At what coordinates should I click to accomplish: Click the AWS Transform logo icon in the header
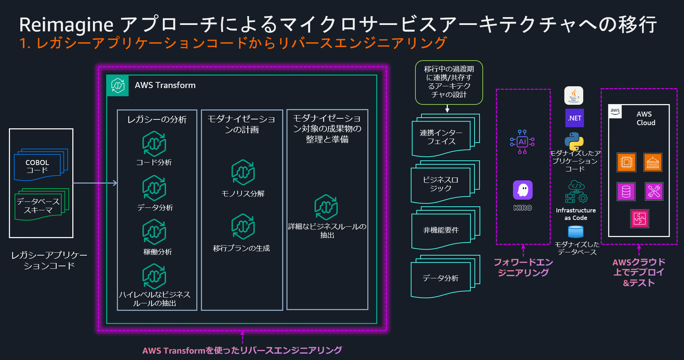click(x=118, y=86)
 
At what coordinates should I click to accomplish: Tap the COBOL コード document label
click(x=37, y=166)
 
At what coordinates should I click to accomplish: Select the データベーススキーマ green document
click(x=38, y=206)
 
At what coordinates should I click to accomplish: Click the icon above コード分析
click(x=154, y=144)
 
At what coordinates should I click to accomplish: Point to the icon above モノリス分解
click(x=243, y=173)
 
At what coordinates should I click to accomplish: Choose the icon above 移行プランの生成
click(x=243, y=227)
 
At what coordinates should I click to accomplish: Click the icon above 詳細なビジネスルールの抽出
click(x=326, y=207)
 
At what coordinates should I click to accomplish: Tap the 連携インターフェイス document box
click(x=441, y=137)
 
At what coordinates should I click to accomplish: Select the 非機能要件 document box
click(x=441, y=230)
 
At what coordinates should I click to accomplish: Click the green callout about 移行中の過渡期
click(x=449, y=82)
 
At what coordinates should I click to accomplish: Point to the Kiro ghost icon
click(x=523, y=190)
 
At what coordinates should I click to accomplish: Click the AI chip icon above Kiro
click(x=522, y=142)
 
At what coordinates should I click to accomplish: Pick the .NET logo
click(x=575, y=118)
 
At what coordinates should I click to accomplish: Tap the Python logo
click(x=574, y=141)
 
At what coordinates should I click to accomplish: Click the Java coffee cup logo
click(x=574, y=96)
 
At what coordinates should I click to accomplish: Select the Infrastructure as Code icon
click(x=576, y=192)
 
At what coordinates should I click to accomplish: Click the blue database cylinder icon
click(x=576, y=232)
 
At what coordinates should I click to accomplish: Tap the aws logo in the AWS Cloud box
click(x=615, y=111)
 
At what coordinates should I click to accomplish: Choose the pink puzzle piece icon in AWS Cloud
click(x=639, y=218)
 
